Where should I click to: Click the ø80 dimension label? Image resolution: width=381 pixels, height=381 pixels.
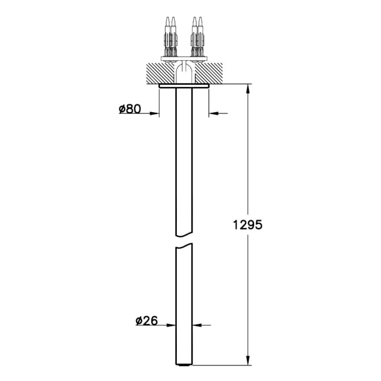tap(130, 109)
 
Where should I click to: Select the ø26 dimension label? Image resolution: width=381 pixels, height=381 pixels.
tap(146, 321)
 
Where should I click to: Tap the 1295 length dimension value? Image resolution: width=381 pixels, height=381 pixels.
tap(248, 225)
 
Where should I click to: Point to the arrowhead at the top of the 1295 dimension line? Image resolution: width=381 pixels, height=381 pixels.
tap(248, 89)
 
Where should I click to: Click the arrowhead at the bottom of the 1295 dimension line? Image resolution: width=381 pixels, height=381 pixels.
tap(248, 360)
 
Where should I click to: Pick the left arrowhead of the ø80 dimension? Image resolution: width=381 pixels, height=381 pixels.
tap(155, 113)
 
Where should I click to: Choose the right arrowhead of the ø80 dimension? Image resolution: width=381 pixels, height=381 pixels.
tap(214, 113)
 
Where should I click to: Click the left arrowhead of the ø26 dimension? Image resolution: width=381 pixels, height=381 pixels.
tap(171, 325)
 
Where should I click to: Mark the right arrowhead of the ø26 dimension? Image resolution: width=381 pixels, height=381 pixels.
tap(197, 325)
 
